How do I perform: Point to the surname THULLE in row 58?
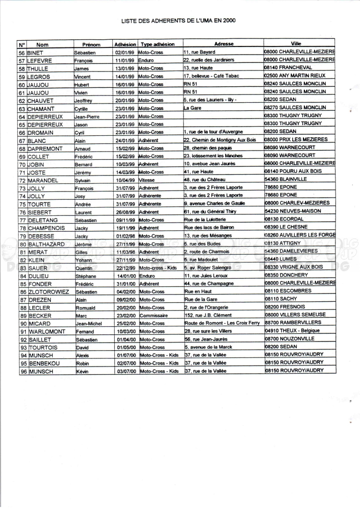coord(42,68)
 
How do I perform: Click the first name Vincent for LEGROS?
coord(83,76)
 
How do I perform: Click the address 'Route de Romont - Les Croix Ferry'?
coord(222,323)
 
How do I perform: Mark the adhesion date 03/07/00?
coord(125,370)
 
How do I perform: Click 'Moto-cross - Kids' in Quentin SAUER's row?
coord(158,267)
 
